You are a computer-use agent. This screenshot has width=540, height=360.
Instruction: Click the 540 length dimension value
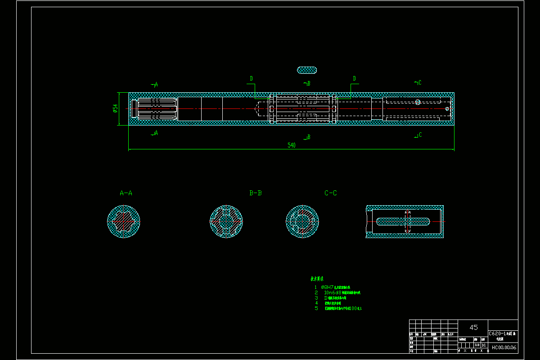(291, 145)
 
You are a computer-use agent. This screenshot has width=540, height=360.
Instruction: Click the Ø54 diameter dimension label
(116, 108)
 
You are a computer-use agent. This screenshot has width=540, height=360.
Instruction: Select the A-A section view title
(126, 193)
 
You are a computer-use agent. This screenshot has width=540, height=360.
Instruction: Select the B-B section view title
(256, 193)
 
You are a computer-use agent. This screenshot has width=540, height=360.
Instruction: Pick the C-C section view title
(331, 193)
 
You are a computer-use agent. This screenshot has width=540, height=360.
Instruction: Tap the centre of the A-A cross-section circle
(124, 221)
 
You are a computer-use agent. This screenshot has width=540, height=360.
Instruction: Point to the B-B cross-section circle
(226, 221)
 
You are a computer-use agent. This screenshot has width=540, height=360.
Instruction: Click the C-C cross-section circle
(302, 221)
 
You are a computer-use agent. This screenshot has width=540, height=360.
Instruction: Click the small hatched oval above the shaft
(307, 70)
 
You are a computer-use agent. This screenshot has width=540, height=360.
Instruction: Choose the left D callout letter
(252, 79)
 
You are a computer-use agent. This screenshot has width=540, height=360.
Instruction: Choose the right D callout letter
(354, 79)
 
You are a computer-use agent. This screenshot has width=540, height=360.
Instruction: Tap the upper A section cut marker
(155, 84)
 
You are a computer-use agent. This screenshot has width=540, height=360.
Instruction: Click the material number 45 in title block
(473, 327)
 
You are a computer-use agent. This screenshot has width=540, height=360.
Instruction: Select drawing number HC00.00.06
(504, 347)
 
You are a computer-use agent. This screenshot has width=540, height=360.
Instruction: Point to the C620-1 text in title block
(497, 334)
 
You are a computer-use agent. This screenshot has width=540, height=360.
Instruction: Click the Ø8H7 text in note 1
(327, 287)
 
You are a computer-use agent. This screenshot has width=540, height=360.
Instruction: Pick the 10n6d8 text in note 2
(333, 292)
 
